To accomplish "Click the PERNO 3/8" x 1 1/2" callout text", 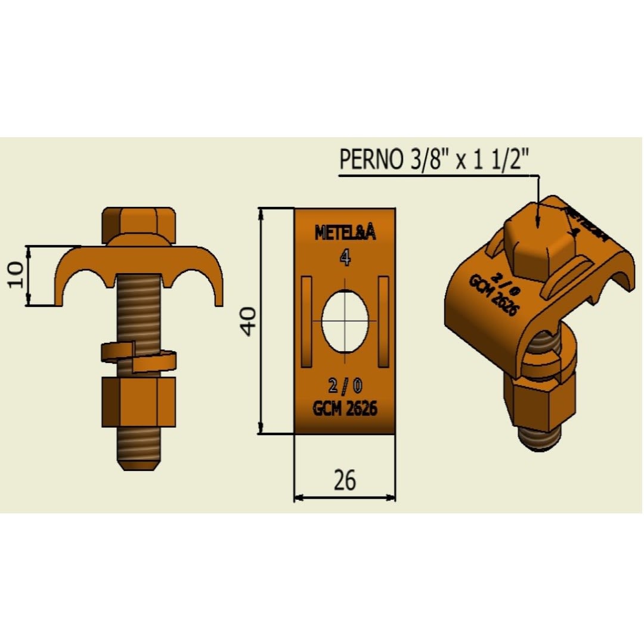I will tap(434, 160).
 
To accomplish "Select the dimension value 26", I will tap(345, 480).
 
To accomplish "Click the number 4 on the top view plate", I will tap(345, 257).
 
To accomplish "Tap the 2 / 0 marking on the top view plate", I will tap(345, 386).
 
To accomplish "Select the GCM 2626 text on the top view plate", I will tap(345, 408).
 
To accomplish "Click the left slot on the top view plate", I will tap(306, 321).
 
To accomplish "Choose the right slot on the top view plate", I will tap(384, 321).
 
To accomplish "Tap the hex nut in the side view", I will tap(140, 402).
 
